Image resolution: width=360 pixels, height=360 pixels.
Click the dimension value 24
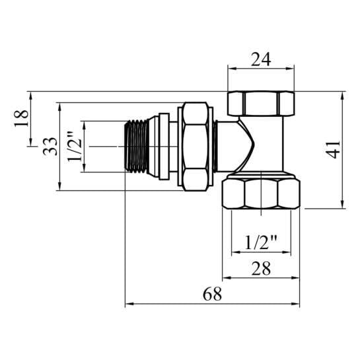pyautogui.click(x=261, y=59)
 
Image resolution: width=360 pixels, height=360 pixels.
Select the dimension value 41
pyautogui.click(x=334, y=150)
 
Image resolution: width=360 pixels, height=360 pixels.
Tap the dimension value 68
pyautogui.click(x=213, y=294)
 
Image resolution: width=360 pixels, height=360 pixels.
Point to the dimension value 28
pyautogui.click(x=261, y=268)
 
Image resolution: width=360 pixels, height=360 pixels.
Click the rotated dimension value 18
pyautogui.click(x=21, y=118)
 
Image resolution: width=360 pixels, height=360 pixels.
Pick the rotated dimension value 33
pyautogui.click(x=50, y=147)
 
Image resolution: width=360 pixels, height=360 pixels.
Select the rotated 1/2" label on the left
pyautogui.click(x=75, y=146)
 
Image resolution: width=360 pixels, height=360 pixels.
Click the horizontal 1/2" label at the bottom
pyautogui.click(x=261, y=242)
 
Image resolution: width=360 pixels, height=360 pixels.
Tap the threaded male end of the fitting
pyautogui.click(x=137, y=146)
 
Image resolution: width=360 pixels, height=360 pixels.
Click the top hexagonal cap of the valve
pyautogui.click(x=261, y=103)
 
